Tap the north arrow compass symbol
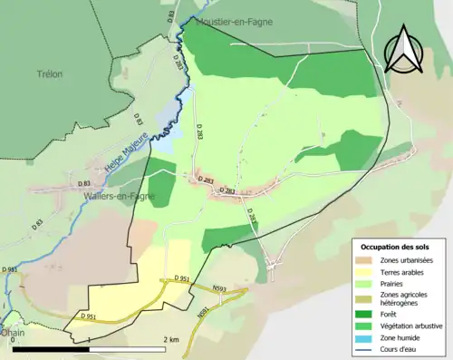[404, 50]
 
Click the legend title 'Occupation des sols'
[395, 247]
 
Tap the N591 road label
[203, 313]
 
